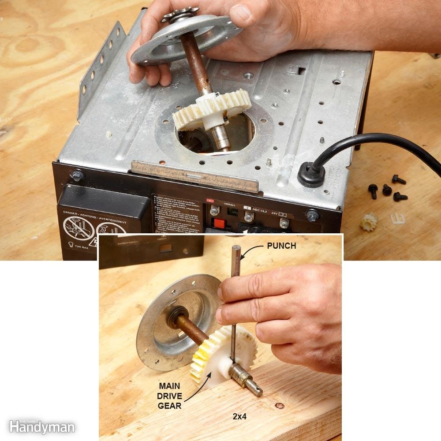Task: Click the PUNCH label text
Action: [281, 246]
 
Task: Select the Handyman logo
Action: [41, 426]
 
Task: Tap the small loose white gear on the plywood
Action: [369, 221]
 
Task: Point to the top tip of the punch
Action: [236, 248]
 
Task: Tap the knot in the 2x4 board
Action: [279, 405]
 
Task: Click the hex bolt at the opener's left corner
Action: [78, 175]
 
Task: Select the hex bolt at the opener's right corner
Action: [313, 216]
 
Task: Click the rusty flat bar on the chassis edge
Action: [194, 176]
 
